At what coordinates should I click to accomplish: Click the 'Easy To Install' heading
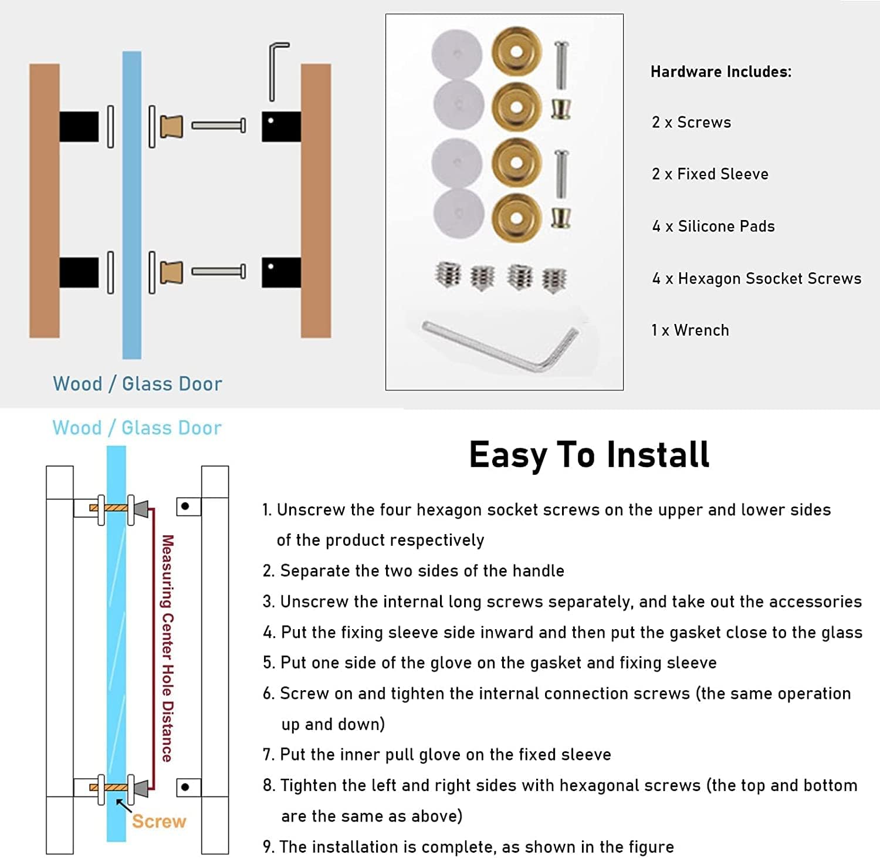(589, 455)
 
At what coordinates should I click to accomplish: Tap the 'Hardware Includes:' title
(721, 72)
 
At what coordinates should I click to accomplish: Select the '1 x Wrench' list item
(690, 330)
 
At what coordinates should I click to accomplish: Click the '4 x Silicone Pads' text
(713, 226)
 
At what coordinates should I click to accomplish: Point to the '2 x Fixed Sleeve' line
(710, 174)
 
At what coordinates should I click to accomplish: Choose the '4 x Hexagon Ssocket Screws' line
(757, 278)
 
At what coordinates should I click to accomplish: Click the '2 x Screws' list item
(692, 122)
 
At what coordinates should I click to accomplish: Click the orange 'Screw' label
(159, 821)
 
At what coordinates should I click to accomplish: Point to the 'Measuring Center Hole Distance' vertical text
(168, 648)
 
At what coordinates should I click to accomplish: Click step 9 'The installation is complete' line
(468, 847)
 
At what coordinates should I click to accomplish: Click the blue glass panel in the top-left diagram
(131, 205)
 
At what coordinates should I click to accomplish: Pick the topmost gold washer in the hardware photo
(516, 52)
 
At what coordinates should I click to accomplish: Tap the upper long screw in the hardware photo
(561, 62)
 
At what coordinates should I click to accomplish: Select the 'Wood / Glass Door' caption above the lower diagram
(137, 428)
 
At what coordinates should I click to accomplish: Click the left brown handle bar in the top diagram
(45, 201)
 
